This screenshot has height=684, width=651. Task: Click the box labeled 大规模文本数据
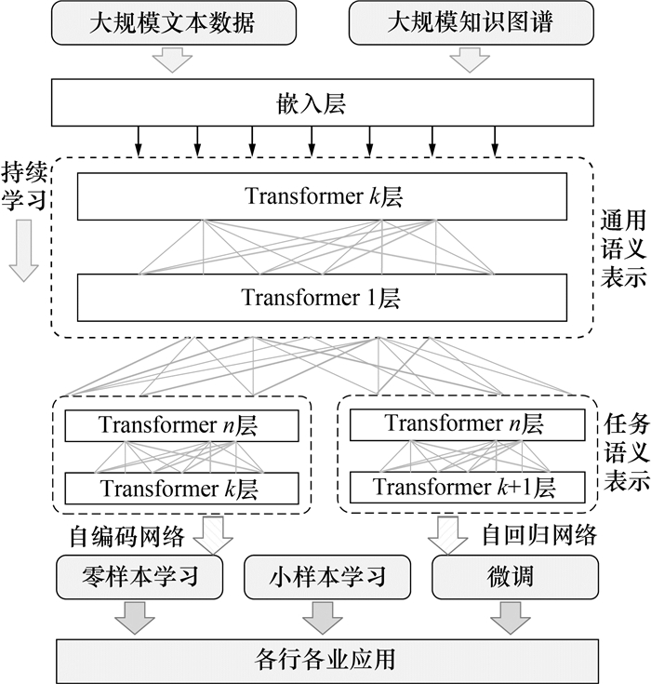click(x=172, y=22)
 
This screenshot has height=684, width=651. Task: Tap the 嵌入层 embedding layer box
click(x=321, y=101)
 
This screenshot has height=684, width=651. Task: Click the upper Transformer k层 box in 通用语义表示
click(x=322, y=197)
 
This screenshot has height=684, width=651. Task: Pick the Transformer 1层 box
click(x=322, y=298)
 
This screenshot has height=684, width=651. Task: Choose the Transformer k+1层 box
click(x=468, y=487)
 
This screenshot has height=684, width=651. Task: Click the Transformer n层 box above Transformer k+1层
click(x=468, y=424)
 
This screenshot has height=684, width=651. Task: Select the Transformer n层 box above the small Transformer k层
click(x=181, y=426)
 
